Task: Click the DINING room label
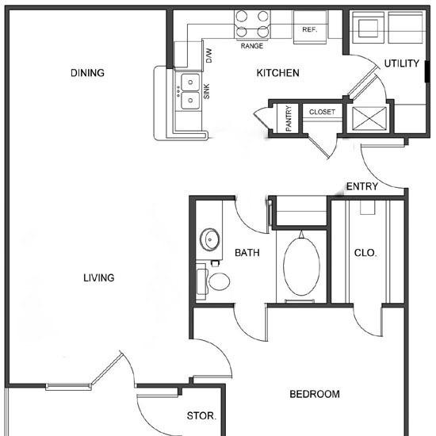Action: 87,73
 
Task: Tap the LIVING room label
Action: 99,277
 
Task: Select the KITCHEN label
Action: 277,73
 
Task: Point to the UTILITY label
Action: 402,63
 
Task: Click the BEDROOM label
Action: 315,394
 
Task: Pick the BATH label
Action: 247,253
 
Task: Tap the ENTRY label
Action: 362,186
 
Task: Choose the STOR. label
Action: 201,416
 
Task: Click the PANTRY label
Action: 289,118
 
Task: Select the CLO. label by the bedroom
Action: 365,253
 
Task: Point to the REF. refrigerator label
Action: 310,29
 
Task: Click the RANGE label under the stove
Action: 251,46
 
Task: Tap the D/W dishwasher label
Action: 208,55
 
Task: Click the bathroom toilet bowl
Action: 219,281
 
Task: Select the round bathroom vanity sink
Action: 209,239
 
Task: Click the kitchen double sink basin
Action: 190,91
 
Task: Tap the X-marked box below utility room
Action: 369,119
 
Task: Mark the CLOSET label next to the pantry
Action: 322,112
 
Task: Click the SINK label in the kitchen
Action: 206,91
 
